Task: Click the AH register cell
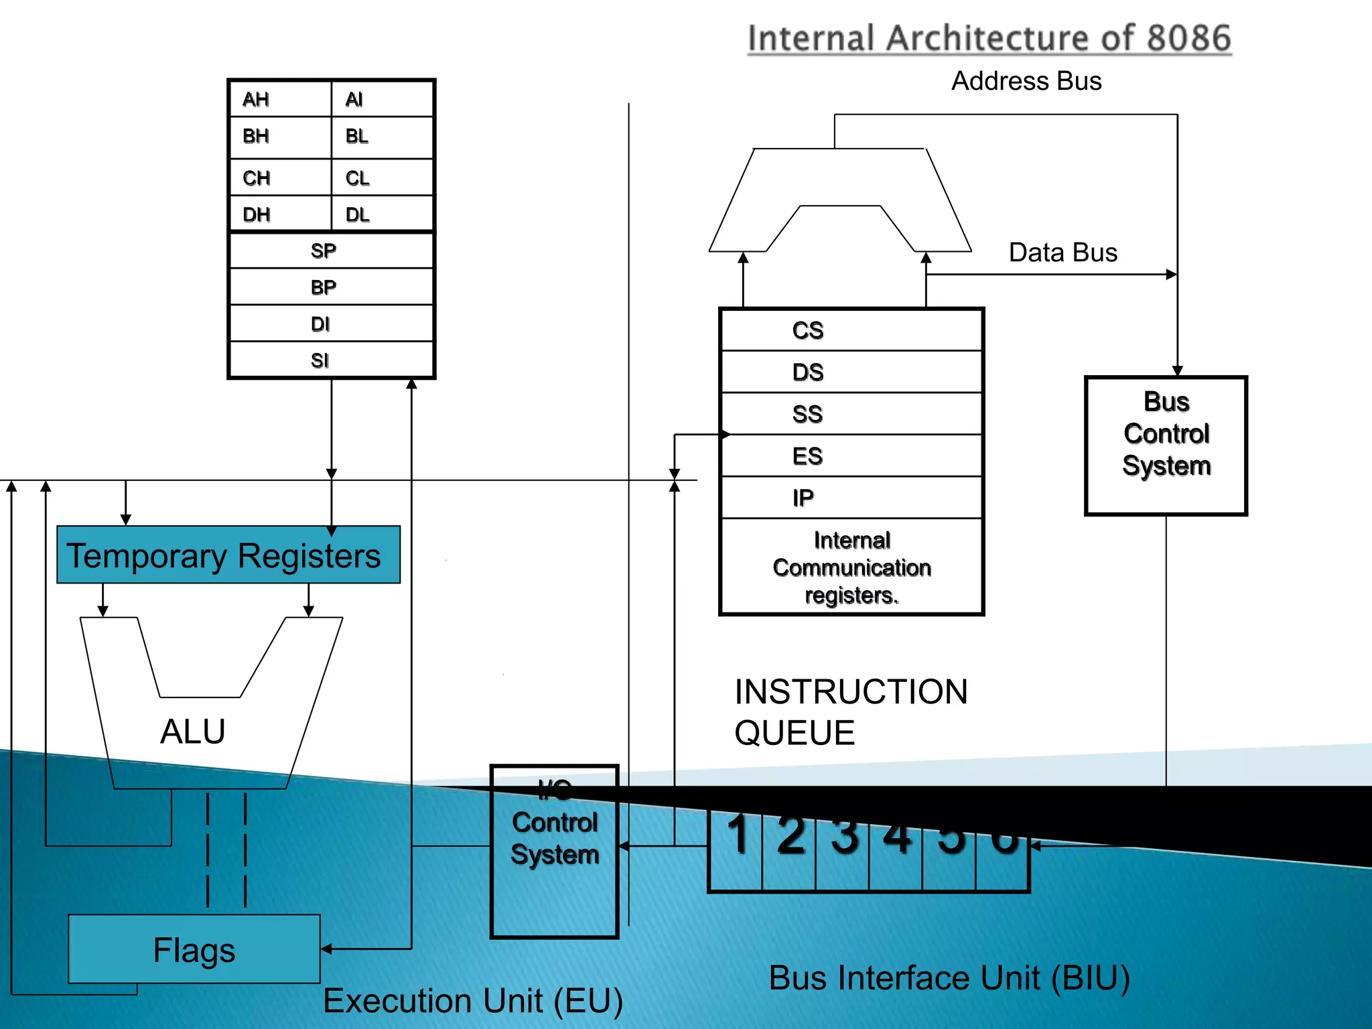[x=280, y=99]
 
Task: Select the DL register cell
[x=382, y=214]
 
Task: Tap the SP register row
[x=331, y=251]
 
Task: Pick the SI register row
[x=331, y=360]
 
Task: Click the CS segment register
[x=851, y=330]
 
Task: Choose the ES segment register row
[x=851, y=456]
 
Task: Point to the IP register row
[x=851, y=498]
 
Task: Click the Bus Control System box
[x=1166, y=445]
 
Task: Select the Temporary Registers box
[x=228, y=555]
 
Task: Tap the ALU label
[x=193, y=731]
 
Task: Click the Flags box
[x=194, y=949]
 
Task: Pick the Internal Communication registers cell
[x=851, y=567]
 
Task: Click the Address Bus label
[x=1026, y=81]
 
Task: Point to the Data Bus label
[x=1063, y=253]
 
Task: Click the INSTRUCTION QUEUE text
[x=851, y=711]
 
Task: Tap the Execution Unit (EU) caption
[x=473, y=1001]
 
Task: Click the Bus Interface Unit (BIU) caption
[x=949, y=977]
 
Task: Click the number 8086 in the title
[x=1189, y=38]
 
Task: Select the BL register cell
[x=382, y=137]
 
